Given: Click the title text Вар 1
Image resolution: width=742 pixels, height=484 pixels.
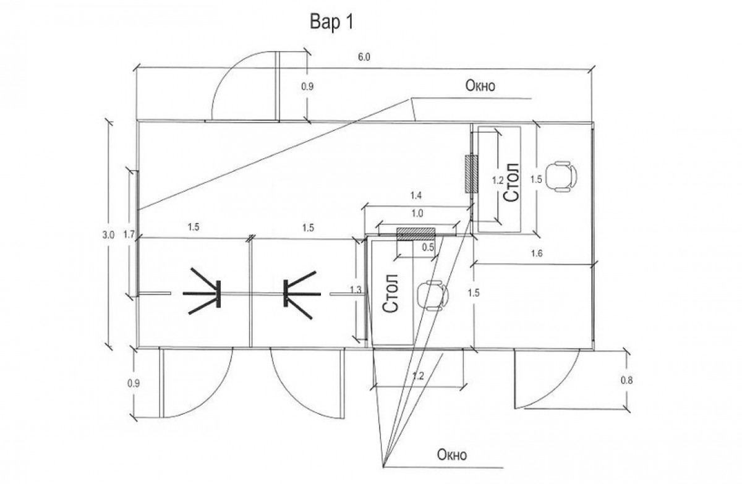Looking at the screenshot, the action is click(x=331, y=22).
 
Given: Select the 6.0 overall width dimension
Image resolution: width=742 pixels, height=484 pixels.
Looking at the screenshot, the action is click(x=364, y=57).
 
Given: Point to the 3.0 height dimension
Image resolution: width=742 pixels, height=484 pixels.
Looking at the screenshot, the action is click(x=108, y=236).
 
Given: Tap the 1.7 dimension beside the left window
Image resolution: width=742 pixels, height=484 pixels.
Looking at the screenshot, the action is click(x=129, y=235).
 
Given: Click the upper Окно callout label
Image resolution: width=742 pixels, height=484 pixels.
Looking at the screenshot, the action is click(x=480, y=86).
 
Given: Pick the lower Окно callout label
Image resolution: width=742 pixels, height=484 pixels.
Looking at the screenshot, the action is click(x=452, y=455).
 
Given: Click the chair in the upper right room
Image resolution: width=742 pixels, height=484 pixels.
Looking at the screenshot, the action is click(x=561, y=176).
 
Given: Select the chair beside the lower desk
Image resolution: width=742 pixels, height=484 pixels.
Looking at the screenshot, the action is click(x=433, y=295).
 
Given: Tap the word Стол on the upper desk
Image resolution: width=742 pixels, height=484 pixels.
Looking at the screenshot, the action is click(x=511, y=182).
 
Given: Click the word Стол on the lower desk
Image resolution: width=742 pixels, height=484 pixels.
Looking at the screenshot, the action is click(x=390, y=293).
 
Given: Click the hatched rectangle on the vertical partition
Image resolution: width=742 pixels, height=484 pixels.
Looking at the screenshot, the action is click(x=471, y=174).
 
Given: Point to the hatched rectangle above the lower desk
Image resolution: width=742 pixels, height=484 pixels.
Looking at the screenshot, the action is click(x=416, y=234).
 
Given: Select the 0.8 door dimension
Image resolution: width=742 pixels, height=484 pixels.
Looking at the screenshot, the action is click(x=626, y=380).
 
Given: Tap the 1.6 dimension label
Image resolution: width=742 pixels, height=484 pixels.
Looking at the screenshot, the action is click(x=537, y=253).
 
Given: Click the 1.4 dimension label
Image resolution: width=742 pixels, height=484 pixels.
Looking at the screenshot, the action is click(x=416, y=196).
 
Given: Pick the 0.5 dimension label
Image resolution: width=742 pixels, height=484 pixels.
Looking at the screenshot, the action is click(x=428, y=247).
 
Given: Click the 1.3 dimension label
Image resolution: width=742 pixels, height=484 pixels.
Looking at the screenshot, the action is click(x=356, y=290).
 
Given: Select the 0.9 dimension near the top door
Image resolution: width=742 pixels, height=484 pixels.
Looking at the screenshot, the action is click(x=307, y=87).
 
